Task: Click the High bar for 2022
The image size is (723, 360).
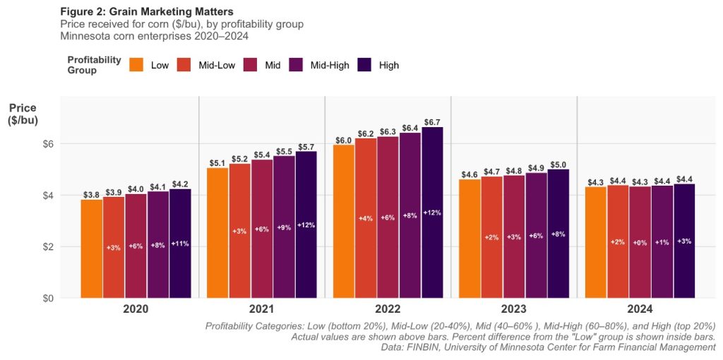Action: [x=433, y=212]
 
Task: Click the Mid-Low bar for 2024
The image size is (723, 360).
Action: [x=618, y=241]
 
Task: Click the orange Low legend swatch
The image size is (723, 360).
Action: [x=137, y=65]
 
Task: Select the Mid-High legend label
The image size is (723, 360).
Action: [x=330, y=65]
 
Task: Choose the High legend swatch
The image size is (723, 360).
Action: [x=365, y=65]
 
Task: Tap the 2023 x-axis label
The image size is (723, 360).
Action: [x=513, y=309]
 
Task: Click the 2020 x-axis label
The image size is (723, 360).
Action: [x=136, y=309]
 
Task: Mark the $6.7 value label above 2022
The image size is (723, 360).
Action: [x=433, y=121]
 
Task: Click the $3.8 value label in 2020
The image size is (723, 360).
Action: [x=91, y=194]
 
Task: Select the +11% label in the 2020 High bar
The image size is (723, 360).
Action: [x=180, y=244]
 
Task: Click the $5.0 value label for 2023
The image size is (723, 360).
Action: [x=558, y=164]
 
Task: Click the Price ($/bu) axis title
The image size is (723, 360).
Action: [x=23, y=114]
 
